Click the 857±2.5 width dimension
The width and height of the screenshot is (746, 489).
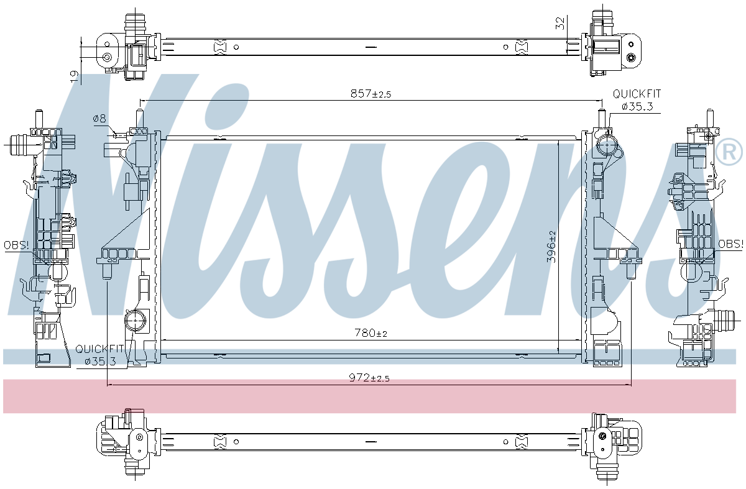tap(371, 94)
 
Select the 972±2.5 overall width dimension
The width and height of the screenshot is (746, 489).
tap(369, 378)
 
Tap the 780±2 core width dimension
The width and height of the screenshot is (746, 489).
tap(371, 332)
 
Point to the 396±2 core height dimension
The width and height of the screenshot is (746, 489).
tap(552, 246)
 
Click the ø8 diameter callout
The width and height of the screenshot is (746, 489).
tap(99, 119)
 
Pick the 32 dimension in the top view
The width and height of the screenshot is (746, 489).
tap(561, 23)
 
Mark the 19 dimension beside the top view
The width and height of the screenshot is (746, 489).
tap(74, 77)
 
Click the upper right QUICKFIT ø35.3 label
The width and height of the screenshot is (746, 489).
tap(637, 100)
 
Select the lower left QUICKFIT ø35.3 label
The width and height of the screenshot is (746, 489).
tap(100, 355)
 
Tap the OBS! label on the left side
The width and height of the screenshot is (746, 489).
tap(16, 245)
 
